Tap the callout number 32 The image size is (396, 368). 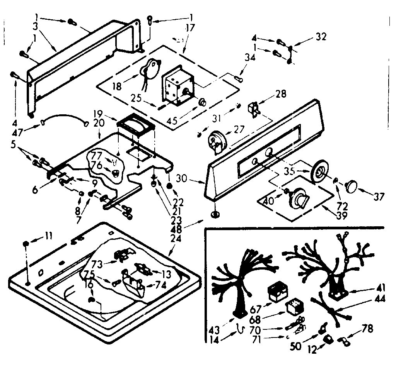click(321, 37)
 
